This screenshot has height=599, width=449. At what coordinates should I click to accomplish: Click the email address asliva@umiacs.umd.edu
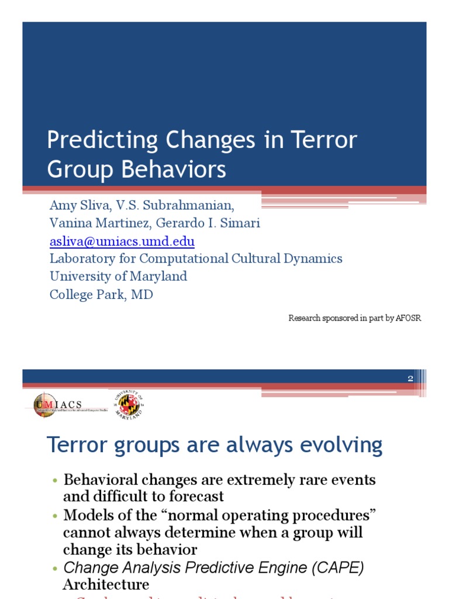point(122,241)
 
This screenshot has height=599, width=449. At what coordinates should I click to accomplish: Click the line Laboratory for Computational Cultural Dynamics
point(196,259)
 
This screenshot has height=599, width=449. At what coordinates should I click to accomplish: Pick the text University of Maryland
point(118,276)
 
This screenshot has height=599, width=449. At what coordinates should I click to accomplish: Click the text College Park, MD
point(101,294)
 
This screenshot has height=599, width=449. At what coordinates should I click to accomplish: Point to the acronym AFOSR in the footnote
point(408,318)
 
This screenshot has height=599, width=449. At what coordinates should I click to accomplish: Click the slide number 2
point(410,378)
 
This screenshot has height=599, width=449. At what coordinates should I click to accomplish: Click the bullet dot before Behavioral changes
point(55,481)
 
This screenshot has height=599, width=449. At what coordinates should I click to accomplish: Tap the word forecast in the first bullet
point(195,497)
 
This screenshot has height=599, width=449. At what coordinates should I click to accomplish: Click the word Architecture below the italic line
point(106,584)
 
